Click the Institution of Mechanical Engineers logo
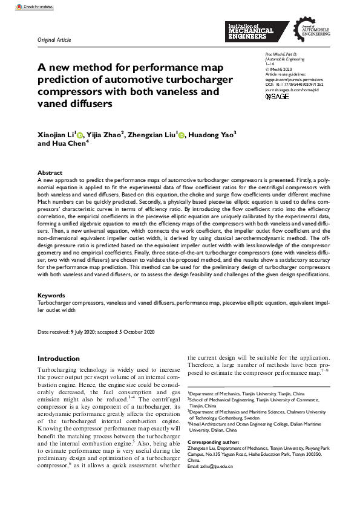(x=250, y=31)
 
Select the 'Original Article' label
(x=54, y=40)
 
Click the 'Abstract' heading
(x=50, y=173)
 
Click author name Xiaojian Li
(x=56, y=134)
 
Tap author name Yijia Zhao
(x=102, y=134)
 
